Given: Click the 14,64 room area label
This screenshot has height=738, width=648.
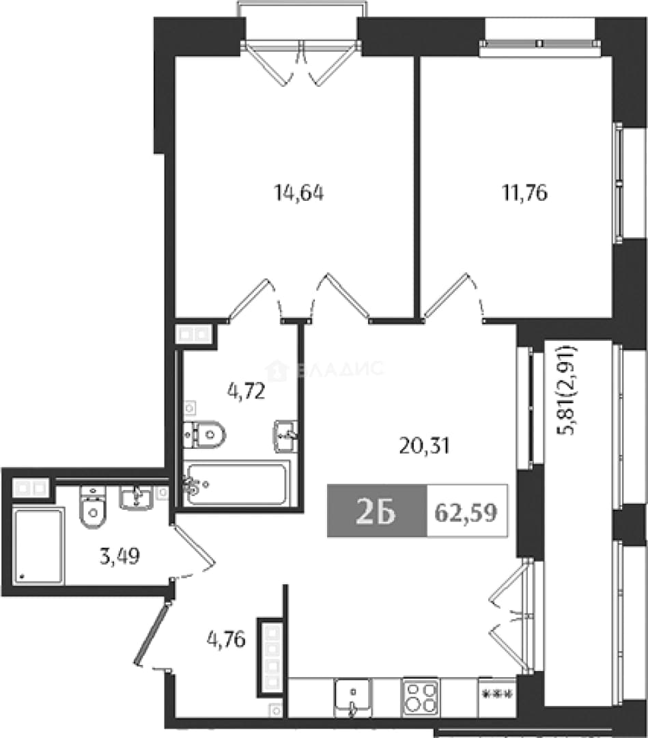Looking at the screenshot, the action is click(298, 193).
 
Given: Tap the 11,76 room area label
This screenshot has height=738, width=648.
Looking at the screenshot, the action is click(525, 193).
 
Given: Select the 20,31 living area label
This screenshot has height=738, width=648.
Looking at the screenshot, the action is click(424, 446).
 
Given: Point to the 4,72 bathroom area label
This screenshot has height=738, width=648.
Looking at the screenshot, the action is click(246, 392).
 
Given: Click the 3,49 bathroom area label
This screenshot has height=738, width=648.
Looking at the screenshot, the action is click(120, 557).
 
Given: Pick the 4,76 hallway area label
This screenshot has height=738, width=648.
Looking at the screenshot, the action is click(226, 640).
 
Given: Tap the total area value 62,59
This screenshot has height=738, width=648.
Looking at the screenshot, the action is click(466, 512).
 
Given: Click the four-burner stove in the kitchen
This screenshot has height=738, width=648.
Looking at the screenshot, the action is click(421, 698).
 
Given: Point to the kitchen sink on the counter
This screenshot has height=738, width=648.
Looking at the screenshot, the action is click(353, 698).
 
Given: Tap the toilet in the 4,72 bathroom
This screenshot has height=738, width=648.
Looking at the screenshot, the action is click(205, 435).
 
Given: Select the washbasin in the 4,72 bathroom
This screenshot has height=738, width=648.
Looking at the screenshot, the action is click(285, 436).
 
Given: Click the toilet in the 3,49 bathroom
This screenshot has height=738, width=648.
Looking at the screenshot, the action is click(93, 507).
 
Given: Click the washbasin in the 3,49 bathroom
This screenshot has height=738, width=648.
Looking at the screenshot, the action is click(137, 498).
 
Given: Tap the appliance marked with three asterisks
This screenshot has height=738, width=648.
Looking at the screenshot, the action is click(496, 696).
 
